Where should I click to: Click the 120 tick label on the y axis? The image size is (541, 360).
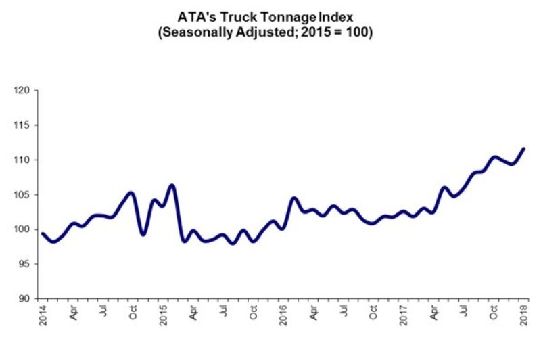tap(22, 90)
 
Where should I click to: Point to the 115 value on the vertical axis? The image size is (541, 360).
tap(22, 125)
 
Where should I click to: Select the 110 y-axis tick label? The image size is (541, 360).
tap(22, 160)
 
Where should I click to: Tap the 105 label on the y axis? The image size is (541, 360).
tap(22, 195)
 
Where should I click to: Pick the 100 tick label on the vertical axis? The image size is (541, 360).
tap(22, 229)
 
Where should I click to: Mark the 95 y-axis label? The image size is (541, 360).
tap(24, 264)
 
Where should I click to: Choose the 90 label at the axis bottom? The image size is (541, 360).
tap(24, 298)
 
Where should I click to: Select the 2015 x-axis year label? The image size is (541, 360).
tap(164, 315)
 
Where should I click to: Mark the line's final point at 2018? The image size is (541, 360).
tap(525, 148)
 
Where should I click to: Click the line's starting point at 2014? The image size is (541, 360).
tap(41, 233)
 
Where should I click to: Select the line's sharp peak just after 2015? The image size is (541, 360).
tap(172, 185)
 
